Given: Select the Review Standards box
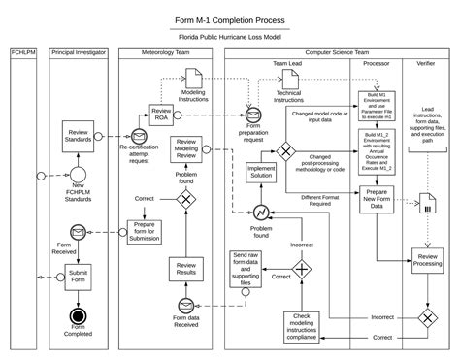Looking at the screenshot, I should (x=77, y=135).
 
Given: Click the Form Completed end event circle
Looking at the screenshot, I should (x=77, y=317).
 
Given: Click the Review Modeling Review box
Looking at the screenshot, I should (x=187, y=149).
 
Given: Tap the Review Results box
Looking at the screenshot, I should (x=187, y=269).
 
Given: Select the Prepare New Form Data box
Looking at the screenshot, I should (x=377, y=199).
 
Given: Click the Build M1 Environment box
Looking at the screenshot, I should (x=377, y=116).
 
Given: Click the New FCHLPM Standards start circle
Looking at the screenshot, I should (x=77, y=176).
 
